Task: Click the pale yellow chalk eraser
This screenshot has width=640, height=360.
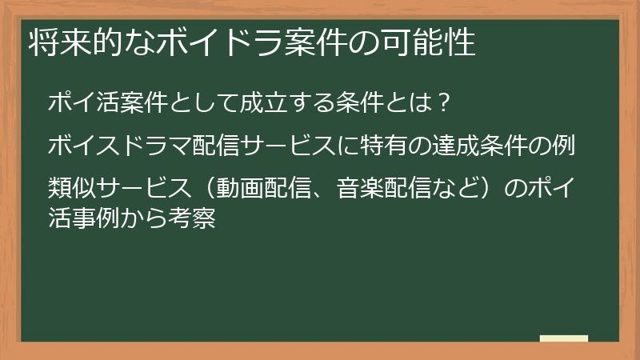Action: (x=563, y=339)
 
